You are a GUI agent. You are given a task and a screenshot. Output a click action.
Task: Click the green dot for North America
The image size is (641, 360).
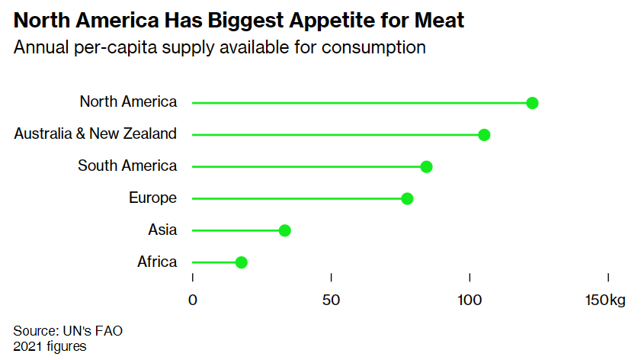click(x=532, y=103)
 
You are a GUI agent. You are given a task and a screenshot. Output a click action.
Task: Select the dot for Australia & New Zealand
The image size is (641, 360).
click(x=484, y=135)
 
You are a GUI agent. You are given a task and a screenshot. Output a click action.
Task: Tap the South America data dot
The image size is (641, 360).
click(x=426, y=167)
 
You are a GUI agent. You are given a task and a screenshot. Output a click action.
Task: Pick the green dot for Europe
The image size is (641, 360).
click(x=407, y=199)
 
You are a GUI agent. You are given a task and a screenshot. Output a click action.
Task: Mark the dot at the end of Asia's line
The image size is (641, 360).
click(x=285, y=230)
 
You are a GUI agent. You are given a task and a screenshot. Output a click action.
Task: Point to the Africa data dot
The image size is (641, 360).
click(x=242, y=262)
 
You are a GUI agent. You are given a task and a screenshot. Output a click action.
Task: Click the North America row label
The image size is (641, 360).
click(x=128, y=101)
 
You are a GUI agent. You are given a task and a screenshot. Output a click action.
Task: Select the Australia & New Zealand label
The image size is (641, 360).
click(x=95, y=133)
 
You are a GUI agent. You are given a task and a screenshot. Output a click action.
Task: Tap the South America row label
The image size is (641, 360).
click(x=127, y=166)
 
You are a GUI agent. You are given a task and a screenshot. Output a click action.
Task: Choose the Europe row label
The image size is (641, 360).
click(x=152, y=198)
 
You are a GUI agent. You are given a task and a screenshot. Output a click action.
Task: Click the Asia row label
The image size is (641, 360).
click(x=162, y=230)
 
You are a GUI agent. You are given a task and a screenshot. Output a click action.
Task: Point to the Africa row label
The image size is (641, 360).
click(x=157, y=262)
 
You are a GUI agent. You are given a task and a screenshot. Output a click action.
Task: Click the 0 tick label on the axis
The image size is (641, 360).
click(x=193, y=300)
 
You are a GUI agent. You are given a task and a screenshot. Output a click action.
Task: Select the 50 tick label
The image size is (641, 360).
click(x=331, y=300)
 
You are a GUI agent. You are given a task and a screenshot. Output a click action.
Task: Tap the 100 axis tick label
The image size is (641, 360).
click(x=470, y=300)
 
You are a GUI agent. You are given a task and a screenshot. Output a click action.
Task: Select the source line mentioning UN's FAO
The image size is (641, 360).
click(x=68, y=331)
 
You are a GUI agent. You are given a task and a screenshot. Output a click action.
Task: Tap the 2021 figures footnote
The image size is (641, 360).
click(x=50, y=346)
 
